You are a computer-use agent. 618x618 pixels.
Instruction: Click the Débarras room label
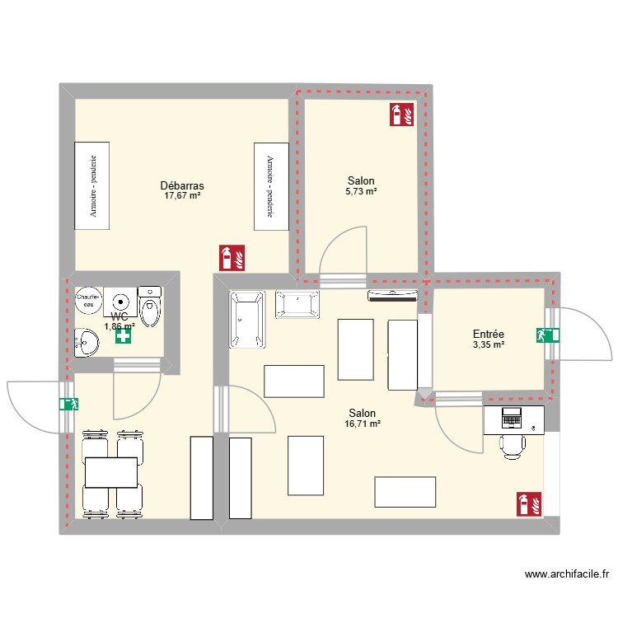click(182, 185)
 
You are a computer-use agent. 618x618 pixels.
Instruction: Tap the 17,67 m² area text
click(182, 196)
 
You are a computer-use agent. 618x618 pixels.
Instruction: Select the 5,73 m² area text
click(361, 191)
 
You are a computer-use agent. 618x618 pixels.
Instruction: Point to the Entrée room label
click(489, 334)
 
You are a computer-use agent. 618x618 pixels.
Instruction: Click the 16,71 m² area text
click(362, 424)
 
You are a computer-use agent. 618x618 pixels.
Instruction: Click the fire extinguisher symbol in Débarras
click(232, 258)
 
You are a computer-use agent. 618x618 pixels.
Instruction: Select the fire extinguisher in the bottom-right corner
click(528, 503)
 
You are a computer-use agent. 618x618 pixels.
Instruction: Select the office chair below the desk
click(513, 445)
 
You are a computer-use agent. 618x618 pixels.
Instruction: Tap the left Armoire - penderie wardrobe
click(91, 185)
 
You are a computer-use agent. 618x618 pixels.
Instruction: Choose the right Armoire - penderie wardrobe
click(271, 185)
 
